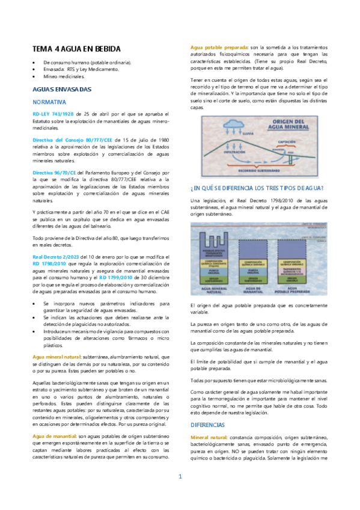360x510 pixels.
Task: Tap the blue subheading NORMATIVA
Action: (x=49, y=102)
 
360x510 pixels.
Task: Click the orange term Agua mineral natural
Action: (x=57, y=357)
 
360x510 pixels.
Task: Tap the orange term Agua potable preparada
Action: (x=219, y=46)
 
